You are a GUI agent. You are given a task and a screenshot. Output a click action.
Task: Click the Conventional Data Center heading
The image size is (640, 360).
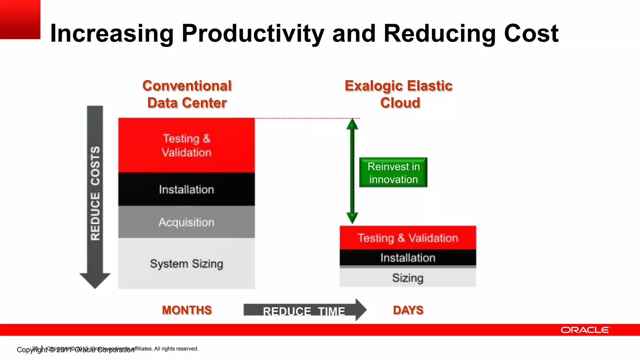[x=187, y=94]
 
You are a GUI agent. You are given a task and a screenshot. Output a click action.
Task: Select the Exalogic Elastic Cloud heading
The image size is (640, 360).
[x=399, y=94]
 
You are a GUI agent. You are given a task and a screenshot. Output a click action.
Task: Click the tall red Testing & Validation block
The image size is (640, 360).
[x=187, y=145]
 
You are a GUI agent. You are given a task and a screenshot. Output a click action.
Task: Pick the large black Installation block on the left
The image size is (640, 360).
[x=187, y=189]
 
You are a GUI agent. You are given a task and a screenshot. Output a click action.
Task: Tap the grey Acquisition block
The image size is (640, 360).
[x=187, y=222]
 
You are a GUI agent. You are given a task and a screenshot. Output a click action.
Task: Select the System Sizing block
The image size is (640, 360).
[x=187, y=263]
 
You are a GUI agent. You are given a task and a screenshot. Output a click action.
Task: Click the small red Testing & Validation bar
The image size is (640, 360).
[x=408, y=238]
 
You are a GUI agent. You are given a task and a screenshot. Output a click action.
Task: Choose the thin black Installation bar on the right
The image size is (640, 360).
[x=408, y=258]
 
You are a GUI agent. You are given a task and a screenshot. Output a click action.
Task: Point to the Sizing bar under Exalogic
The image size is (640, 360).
[x=408, y=278]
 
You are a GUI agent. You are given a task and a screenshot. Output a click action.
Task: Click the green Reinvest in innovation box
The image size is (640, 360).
[x=393, y=172]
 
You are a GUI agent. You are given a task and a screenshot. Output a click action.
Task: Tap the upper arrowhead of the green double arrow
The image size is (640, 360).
[x=352, y=124]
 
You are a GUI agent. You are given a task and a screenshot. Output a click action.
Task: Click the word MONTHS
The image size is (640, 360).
[x=187, y=310]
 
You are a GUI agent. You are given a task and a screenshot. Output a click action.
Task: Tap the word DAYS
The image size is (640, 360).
[x=408, y=310]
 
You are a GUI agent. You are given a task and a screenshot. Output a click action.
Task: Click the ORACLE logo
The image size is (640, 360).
[x=585, y=330]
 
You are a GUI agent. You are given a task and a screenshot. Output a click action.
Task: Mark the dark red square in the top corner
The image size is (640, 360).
[x=20, y=19]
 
